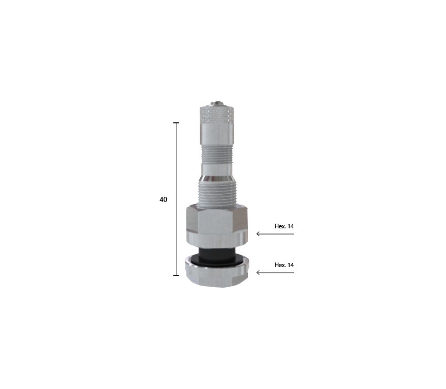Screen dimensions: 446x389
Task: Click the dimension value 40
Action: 163,200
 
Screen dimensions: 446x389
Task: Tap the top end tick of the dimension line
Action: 176,122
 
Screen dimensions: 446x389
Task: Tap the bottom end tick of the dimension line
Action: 176,275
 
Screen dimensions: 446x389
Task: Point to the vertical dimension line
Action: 176,199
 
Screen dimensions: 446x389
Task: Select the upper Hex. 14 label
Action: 284,226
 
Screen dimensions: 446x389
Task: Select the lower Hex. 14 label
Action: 284,265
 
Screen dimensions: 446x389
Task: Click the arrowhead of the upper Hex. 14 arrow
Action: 258,234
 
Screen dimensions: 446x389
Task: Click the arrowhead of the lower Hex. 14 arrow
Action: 258,273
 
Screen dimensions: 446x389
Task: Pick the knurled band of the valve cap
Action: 217,114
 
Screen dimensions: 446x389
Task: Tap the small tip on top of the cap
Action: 217,103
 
